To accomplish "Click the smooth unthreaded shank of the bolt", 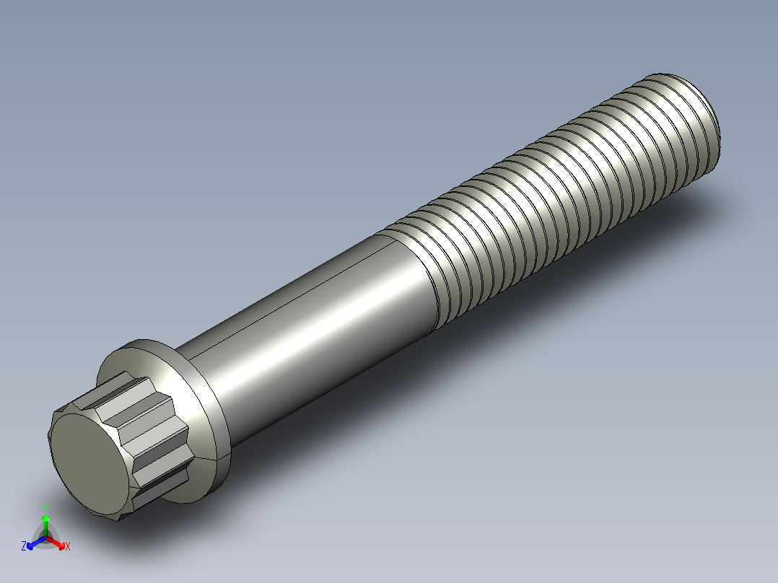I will [x=310, y=317].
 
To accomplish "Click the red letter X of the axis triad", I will [x=67, y=546].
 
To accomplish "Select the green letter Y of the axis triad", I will [x=45, y=506].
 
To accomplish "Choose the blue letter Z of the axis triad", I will [x=24, y=546].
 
